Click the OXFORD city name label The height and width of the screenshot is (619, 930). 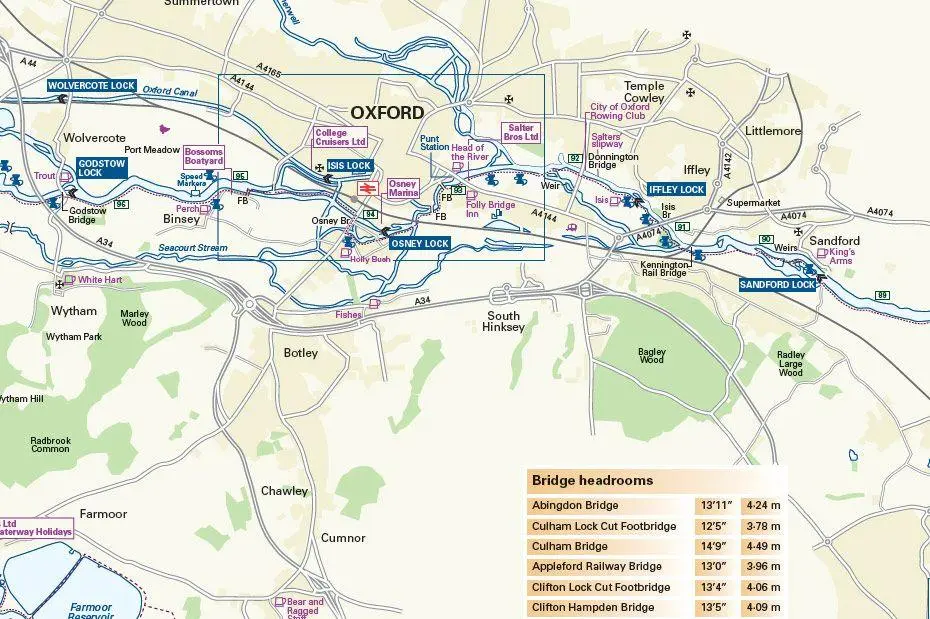387,112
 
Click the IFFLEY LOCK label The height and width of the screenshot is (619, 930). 677,189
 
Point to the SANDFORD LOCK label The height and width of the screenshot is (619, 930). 778,285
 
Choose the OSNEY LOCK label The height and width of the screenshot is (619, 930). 420,244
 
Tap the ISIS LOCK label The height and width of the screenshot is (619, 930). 350,165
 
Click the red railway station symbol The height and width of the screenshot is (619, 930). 367,187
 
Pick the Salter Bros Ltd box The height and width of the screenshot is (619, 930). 520,133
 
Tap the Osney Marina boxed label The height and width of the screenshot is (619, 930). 402,189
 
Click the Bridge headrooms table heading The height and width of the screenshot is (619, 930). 592,480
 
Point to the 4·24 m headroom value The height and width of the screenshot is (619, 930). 761,505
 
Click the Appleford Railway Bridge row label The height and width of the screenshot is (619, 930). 596,567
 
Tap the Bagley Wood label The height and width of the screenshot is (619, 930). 651,355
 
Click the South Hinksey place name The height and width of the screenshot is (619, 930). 503,321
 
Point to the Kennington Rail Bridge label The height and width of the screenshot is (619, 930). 664,269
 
